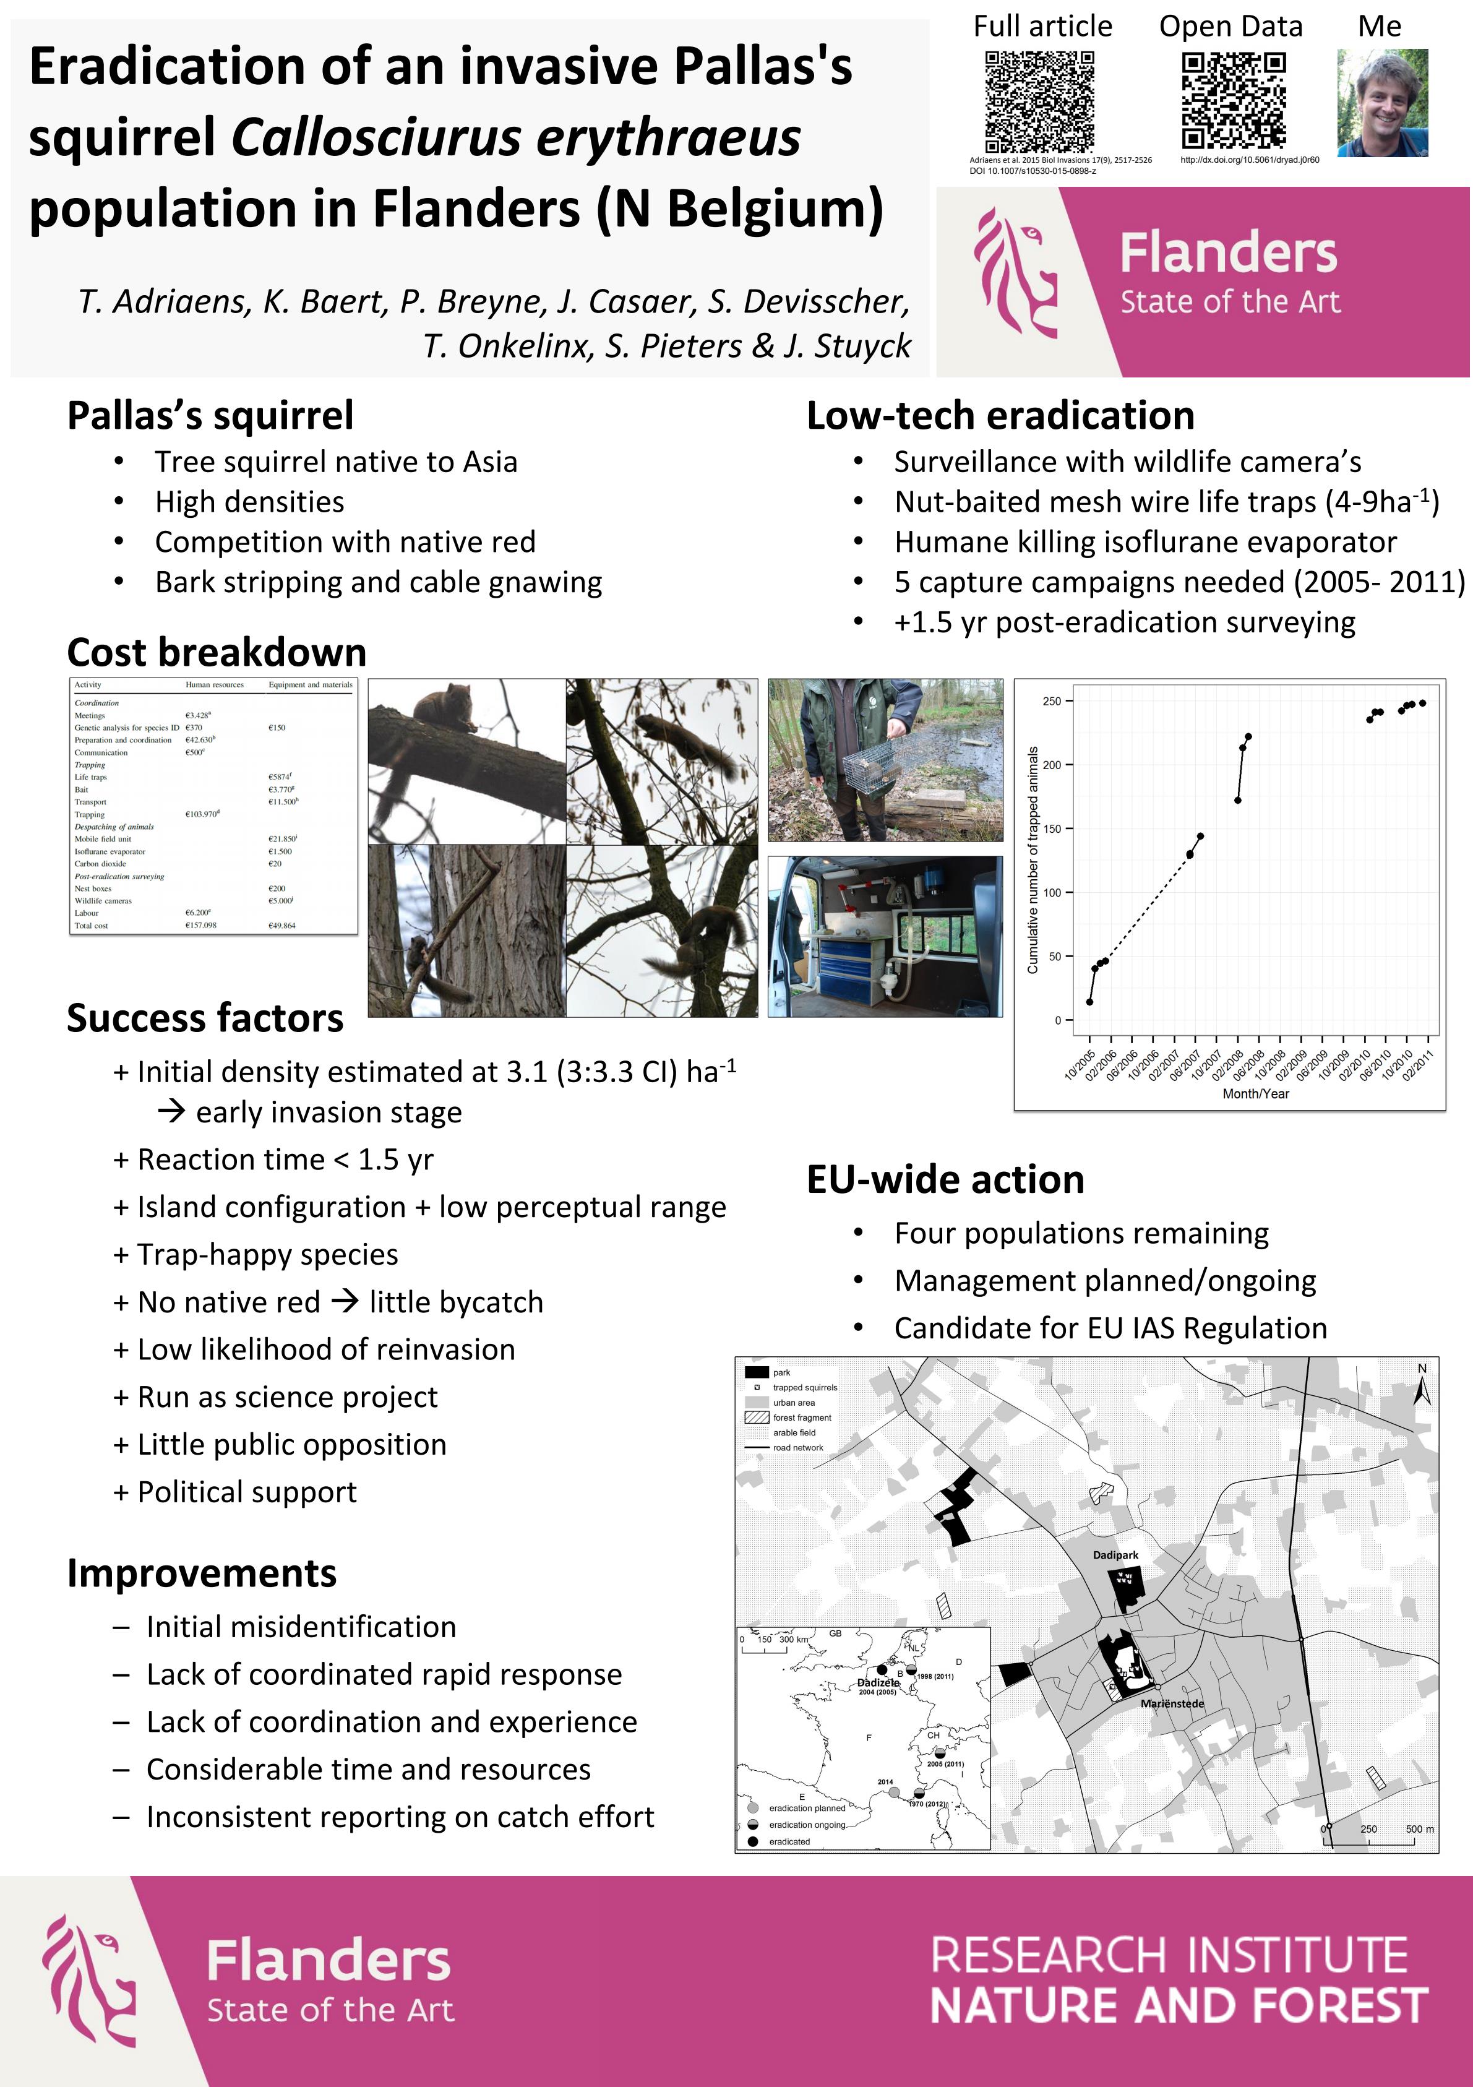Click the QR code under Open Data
tap(1233, 101)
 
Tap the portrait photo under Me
tap(1381, 103)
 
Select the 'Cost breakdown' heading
tap(217, 653)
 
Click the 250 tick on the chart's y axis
tap(1051, 701)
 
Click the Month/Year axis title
tap(1255, 1093)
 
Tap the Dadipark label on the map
tap(1115, 1556)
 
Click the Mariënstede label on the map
tap(1172, 1703)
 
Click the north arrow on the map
tap(1422, 1388)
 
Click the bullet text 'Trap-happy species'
tap(267, 1254)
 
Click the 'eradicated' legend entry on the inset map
tap(789, 1841)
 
